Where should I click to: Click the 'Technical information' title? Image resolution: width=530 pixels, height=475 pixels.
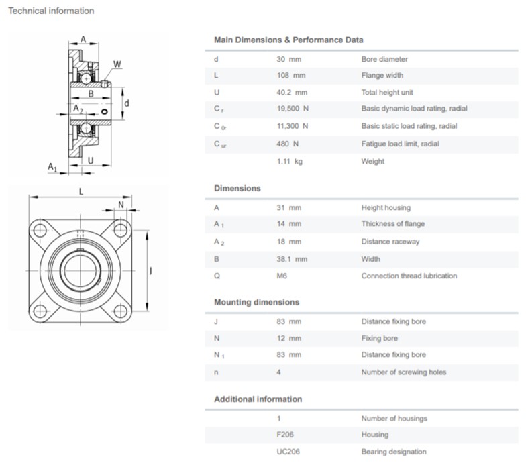51,11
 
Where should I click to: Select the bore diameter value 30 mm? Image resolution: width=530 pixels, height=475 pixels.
289,59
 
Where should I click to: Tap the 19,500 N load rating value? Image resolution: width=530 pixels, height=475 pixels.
293,109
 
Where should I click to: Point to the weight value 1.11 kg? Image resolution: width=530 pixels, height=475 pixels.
290,161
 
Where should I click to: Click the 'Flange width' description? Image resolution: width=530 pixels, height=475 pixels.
382,75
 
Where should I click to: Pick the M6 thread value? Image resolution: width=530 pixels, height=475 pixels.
282,276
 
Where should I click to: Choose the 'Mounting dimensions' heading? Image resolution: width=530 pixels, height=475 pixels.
256,302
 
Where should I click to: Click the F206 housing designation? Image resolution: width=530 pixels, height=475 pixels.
284,435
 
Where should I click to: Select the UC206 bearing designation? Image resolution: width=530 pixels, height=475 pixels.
287,452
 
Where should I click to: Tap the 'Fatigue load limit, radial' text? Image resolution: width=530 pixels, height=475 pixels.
400,144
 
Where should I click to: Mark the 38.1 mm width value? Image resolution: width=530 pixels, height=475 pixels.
292,259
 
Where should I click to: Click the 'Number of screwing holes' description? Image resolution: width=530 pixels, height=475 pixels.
403,372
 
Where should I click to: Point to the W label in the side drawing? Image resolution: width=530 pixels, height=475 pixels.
117,64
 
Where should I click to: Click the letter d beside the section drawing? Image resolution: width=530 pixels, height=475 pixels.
127,103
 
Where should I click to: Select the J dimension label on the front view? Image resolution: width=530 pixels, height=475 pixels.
152,271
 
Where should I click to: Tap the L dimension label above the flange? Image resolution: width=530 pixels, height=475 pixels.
81,191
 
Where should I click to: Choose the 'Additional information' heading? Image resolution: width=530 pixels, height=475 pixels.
258,399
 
